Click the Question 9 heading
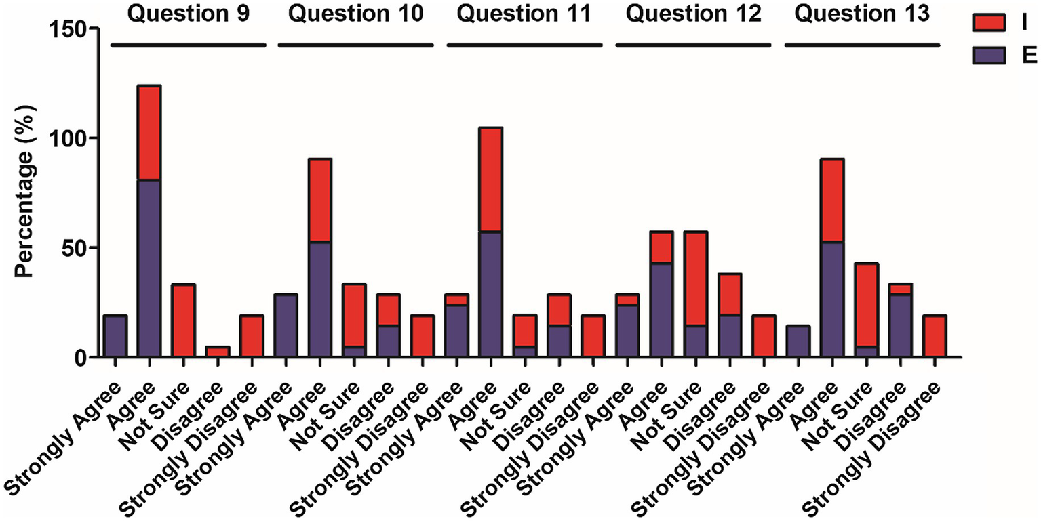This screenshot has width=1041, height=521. pyautogui.click(x=187, y=14)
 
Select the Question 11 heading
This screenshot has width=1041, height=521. pyautogui.click(x=524, y=14)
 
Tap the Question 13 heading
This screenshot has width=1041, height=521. pyautogui.click(x=861, y=14)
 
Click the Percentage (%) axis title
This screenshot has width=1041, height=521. pyautogui.click(x=26, y=193)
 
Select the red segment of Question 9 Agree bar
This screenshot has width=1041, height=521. pyautogui.click(x=149, y=133)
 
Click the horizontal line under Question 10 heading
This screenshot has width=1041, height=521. pyautogui.click(x=355, y=45)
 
